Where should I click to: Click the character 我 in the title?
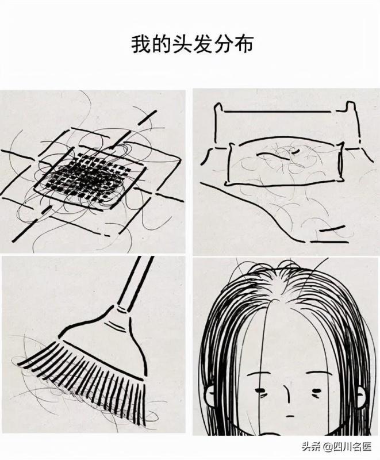pyautogui.click(x=141, y=45)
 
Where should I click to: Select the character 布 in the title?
pyautogui.click(x=243, y=45)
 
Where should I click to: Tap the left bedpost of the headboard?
pyautogui.click(x=218, y=123)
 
